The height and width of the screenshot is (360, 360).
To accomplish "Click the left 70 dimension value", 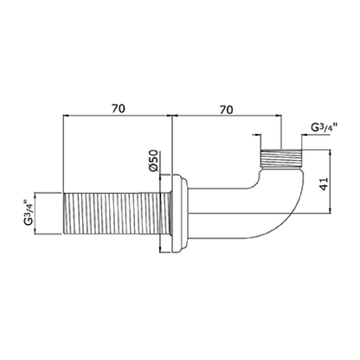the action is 119,109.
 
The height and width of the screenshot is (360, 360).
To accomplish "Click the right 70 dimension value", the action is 227,110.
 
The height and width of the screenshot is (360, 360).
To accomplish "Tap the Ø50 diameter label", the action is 153,161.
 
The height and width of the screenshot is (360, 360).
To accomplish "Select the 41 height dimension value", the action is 324,183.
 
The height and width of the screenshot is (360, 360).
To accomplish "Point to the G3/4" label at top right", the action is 325,127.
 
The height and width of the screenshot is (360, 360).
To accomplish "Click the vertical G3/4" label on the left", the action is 29,212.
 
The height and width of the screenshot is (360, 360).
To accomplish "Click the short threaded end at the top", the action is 281,159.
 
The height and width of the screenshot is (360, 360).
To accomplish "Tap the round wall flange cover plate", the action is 180,214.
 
